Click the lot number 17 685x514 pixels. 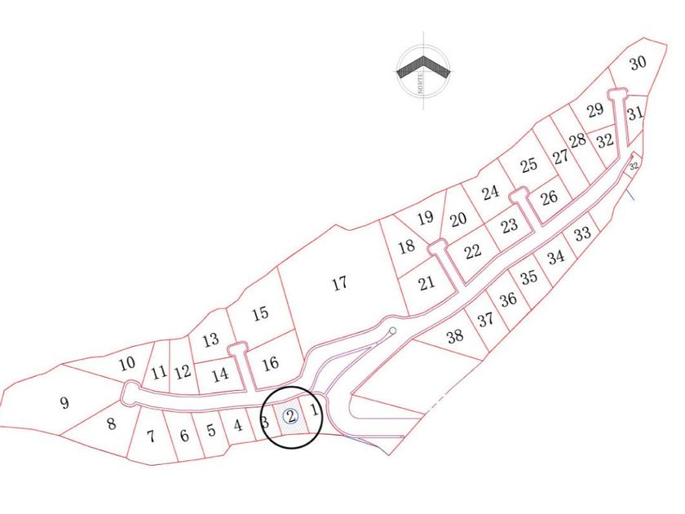click(340, 284)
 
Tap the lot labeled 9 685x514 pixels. click(64, 402)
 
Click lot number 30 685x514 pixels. click(638, 63)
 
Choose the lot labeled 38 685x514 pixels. click(455, 335)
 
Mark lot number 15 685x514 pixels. click(260, 312)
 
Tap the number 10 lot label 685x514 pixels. click(126, 364)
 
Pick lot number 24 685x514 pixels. click(490, 193)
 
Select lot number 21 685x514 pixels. click(426, 284)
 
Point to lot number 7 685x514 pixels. click(151, 436)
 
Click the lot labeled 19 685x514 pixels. click(425, 218)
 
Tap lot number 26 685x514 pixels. click(549, 197)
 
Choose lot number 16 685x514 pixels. click(271, 363)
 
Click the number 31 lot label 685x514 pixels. click(636, 113)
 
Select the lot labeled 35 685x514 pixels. click(529, 277)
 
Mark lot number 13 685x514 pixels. click(210, 339)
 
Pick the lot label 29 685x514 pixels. click(595, 110)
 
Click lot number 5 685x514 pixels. click(210, 430)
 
